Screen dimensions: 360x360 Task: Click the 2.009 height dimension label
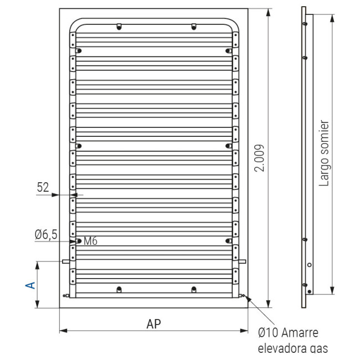[x=260, y=158]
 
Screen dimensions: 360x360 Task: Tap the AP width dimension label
[x=154, y=323]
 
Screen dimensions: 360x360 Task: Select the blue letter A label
[x=31, y=285]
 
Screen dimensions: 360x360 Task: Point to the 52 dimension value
[x=44, y=188]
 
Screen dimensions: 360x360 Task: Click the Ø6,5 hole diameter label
[x=45, y=235]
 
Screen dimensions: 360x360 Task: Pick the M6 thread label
[x=91, y=241]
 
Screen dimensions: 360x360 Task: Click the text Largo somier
[x=325, y=153]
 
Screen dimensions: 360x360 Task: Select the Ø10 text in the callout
[x=269, y=333]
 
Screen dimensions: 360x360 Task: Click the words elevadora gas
[x=293, y=348]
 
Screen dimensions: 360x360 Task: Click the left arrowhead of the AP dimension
[x=61, y=331]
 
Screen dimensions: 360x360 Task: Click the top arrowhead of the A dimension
[x=37, y=264]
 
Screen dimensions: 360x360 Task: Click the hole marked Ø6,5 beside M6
[x=79, y=241]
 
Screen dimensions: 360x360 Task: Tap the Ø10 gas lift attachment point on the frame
[x=244, y=296]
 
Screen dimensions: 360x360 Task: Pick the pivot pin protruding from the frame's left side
[x=66, y=261]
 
